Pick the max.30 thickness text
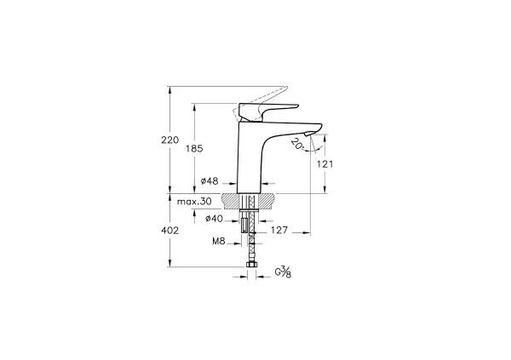(x=194, y=202)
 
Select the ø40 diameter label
(x=215, y=219)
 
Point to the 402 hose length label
(x=169, y=230)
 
